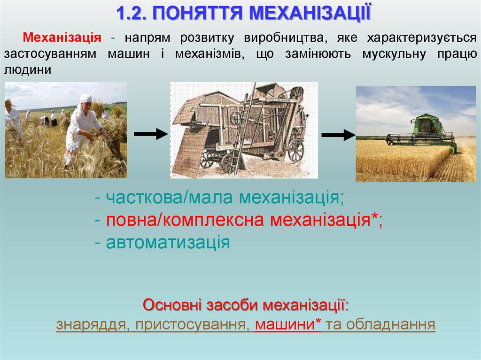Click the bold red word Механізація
(62, 37)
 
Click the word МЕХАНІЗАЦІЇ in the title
(310, 13)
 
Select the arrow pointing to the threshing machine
(150, 134)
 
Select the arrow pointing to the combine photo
(338, 135)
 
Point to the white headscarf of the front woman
(85, 98)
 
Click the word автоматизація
(168, 243)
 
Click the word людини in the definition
(27, 69)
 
